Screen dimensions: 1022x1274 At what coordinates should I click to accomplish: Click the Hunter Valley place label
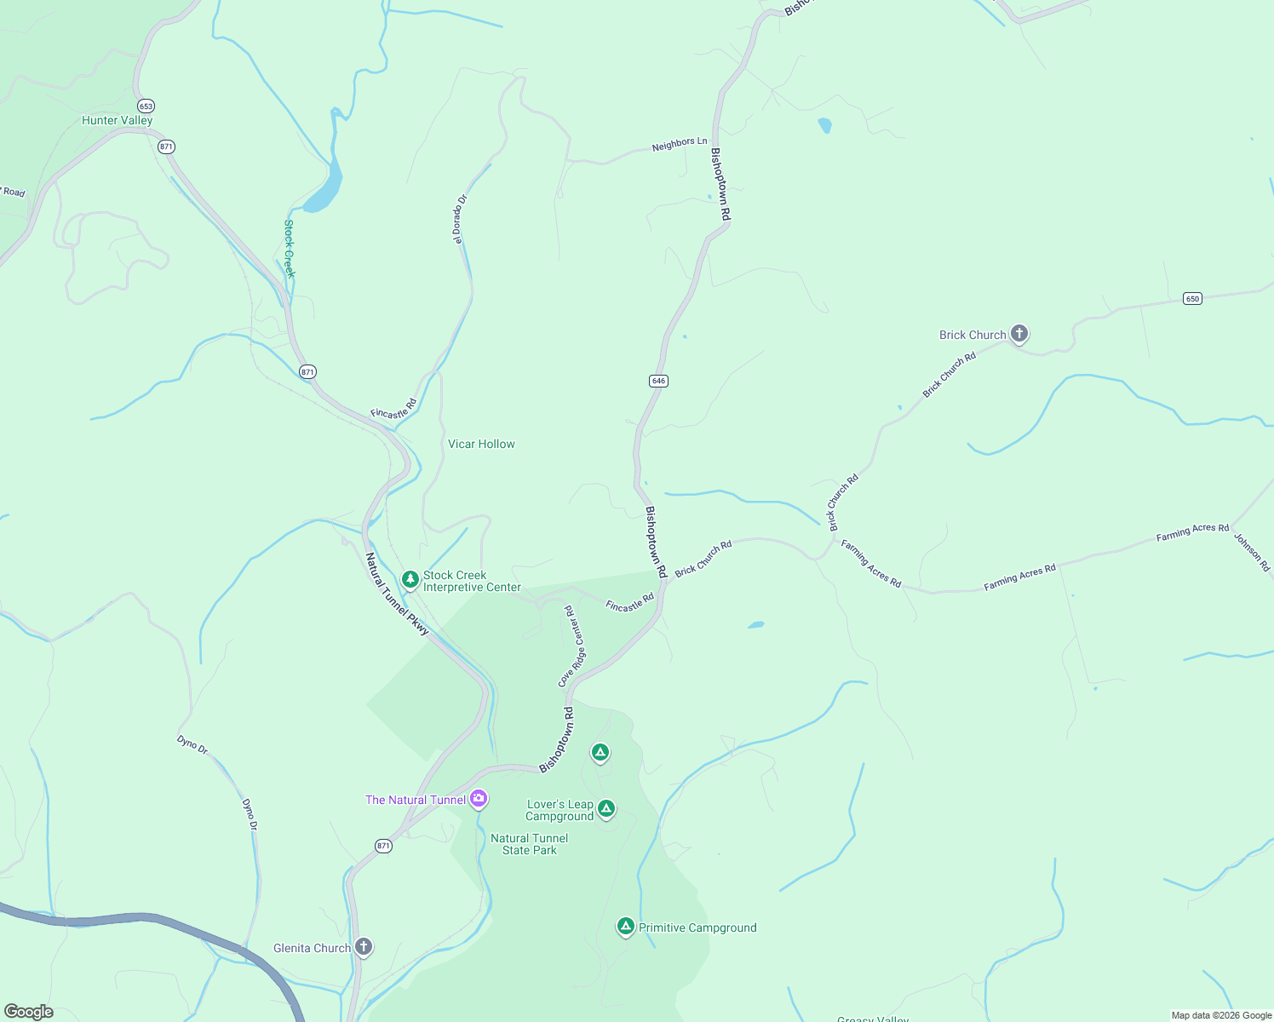pyautogui.click(x=117, y=120)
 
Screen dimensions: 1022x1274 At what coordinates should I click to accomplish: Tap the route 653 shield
pyautogui.click(x=146, y=106)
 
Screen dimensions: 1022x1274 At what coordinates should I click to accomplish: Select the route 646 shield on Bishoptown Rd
pyautogui.click(x=657, y=381)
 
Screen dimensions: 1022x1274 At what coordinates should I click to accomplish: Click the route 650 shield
pyautogui.click(x=1192, y=298)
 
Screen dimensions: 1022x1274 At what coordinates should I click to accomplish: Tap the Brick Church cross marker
pyautogui.click(x=1019, y=334)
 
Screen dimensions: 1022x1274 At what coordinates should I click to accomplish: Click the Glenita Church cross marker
pyautogui.click(x=364, y=946)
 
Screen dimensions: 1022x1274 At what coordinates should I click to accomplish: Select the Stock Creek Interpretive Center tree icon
pyautogui.click(x=410, y=580)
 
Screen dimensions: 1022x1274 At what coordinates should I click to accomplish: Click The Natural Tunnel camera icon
pyautogui.click(x=479, y=798)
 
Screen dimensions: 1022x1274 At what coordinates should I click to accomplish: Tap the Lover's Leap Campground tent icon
pyautogui.click(x=605, y=807)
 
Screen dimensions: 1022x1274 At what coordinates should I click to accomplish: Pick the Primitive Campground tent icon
pyautogui.click(x=625, y=926)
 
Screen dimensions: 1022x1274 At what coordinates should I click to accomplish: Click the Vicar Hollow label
pyautogui.click(x=481, y=444)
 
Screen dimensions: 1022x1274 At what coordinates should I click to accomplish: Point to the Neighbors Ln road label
pyautogui.click(x=680, y=145)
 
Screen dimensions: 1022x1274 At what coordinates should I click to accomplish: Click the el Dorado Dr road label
pyautogui.click(x=461, y=219)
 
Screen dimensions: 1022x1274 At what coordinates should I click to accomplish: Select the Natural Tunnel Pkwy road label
pyautogui.click(x=397, y=594)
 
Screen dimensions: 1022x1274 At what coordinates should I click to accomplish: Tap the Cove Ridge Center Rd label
pyautogui.click(x=571, y=646)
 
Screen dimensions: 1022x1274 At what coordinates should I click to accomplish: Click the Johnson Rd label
pyautogui.click(x=1252, y=553)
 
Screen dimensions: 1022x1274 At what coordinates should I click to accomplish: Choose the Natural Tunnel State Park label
pyautogui.click(x=529, y=844)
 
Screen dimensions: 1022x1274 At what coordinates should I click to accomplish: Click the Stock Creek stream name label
pyautogui.click(x=290, y=249)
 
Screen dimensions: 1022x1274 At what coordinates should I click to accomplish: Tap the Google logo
pyautogui.click(x=28, y=1012)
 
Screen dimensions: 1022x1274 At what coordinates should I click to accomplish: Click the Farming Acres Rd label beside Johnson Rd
pyautogui.click(x=1192, y=532)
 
